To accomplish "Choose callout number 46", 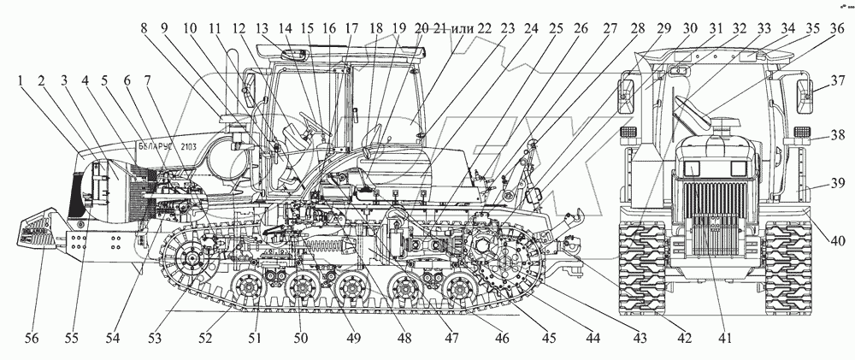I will coord(502,337).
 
